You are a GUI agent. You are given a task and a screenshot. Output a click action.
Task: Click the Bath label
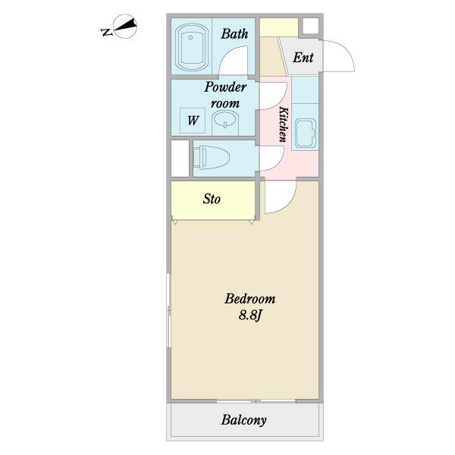[234, 33]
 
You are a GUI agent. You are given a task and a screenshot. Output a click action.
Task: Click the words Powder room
[225, 96]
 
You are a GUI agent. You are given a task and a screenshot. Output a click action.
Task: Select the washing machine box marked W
[193, 120]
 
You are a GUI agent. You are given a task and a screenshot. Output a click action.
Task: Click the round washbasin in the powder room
[225, 122]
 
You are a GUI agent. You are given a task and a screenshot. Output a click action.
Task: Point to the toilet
[212, 158]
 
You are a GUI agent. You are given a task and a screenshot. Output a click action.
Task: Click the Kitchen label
[283, 124]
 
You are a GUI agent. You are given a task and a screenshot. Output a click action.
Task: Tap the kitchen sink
[306, 133]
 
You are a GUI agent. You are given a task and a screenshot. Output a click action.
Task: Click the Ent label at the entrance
[303, 57]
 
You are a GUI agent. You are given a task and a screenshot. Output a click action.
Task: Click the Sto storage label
[212, 199]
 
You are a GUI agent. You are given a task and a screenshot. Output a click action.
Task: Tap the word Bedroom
[249, 299]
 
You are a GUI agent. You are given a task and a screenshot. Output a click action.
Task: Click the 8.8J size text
[249, 315]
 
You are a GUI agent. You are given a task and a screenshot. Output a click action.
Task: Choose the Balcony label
[243, 420]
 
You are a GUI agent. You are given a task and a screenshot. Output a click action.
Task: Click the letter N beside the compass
[106, 32]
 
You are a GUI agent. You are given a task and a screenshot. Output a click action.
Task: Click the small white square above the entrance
[310, 26]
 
